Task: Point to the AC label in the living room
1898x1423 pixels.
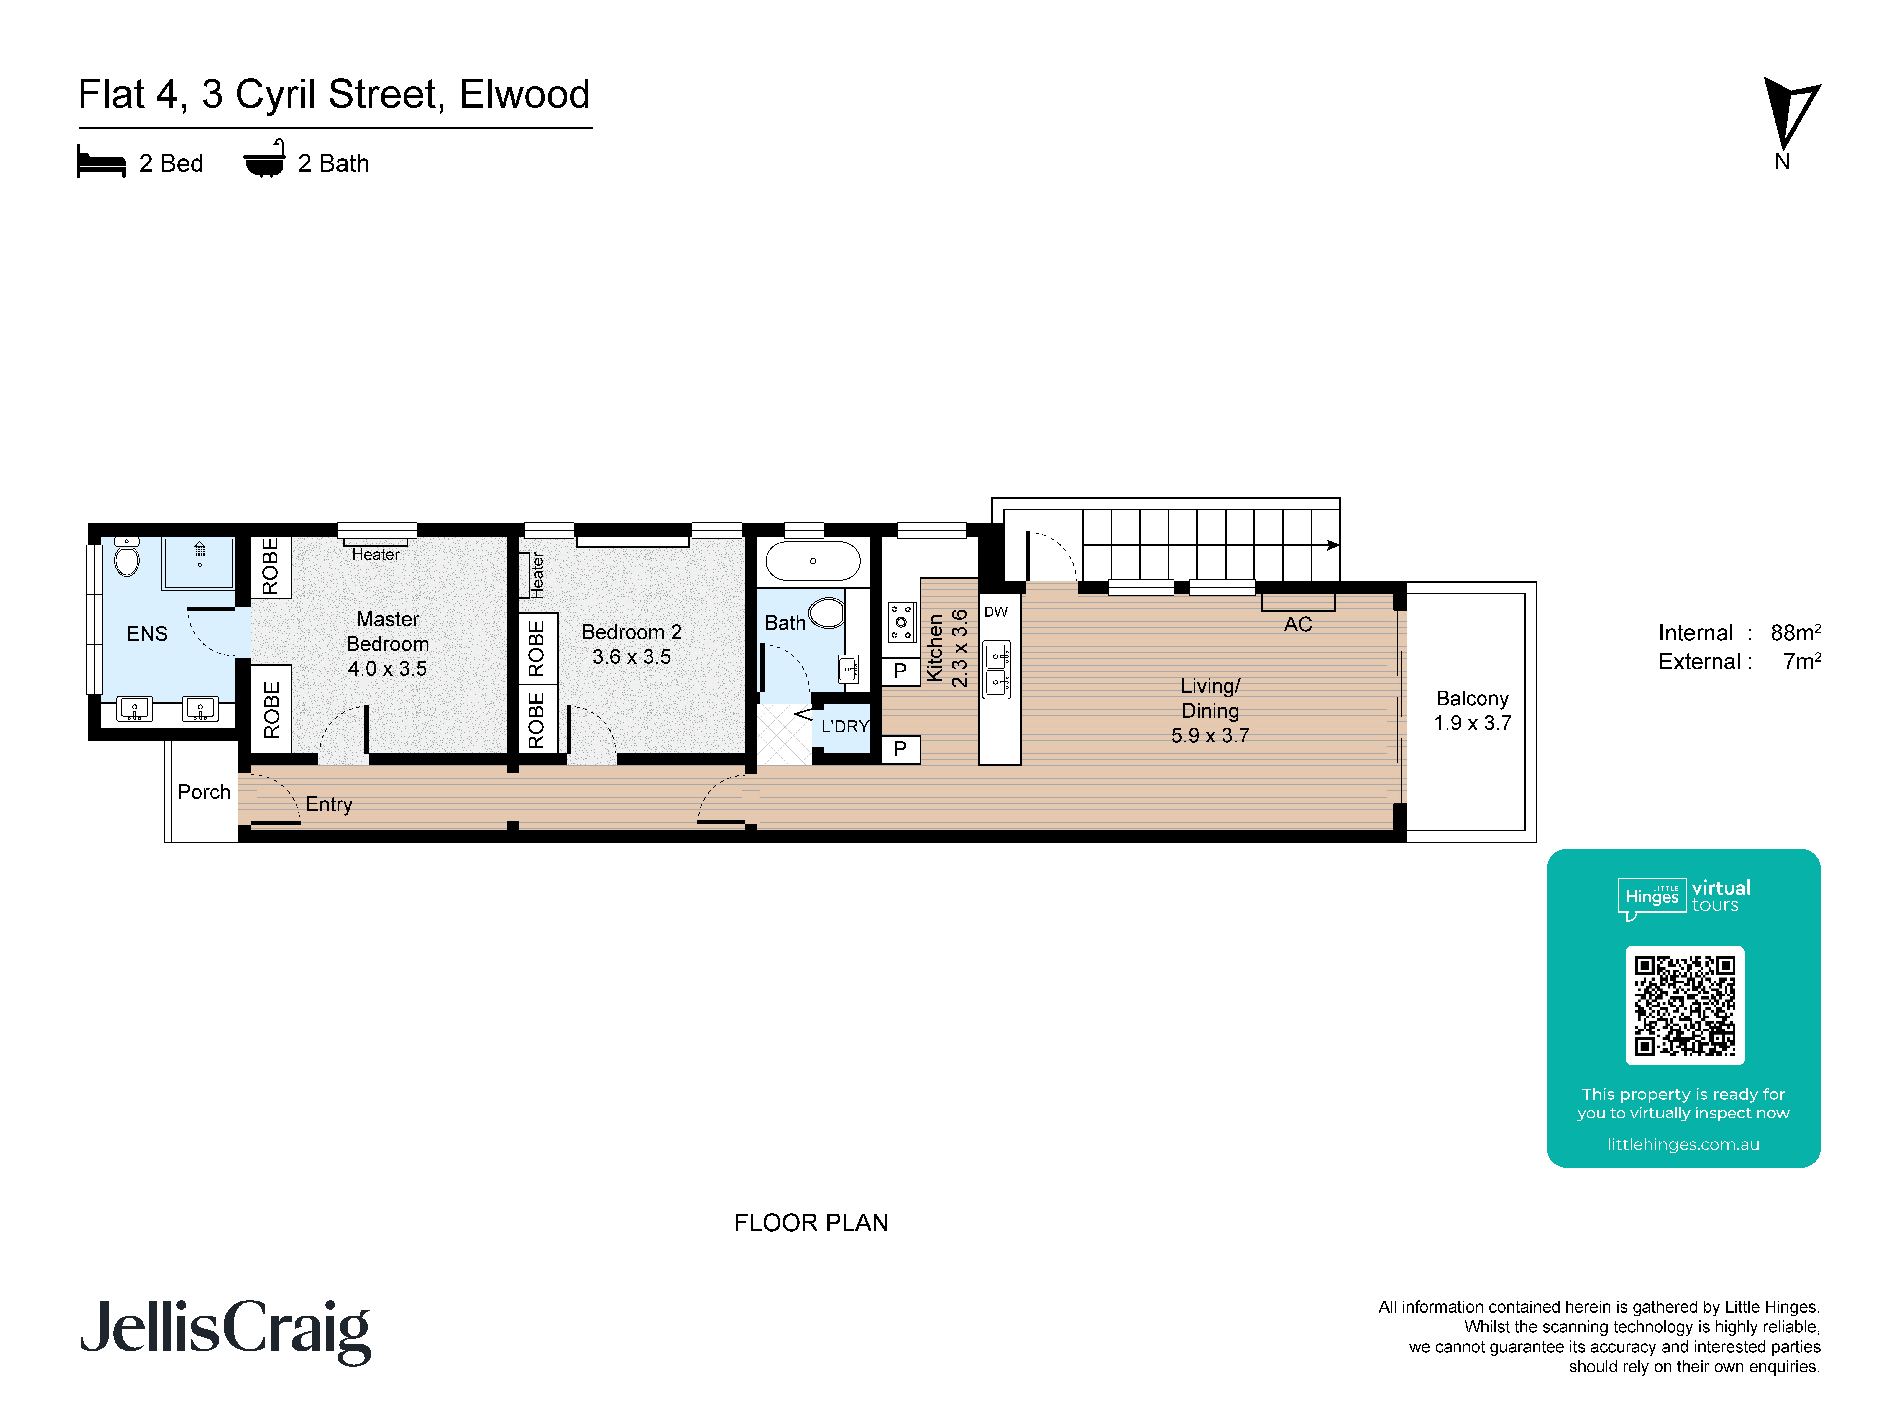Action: point(1297,625)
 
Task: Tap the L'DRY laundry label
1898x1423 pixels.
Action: point(844,727)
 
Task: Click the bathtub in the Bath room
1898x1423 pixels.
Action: point(813,561)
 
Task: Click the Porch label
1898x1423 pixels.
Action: point(204,792)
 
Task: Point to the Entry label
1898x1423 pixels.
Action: point(329,805)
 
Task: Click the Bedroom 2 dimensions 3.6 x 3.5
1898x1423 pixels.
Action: point(632,657)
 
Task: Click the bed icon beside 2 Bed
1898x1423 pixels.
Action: point(101,162)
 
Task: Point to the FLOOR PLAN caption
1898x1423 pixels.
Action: point(811,1222)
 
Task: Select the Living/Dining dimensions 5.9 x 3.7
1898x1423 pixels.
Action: point(1210,736)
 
